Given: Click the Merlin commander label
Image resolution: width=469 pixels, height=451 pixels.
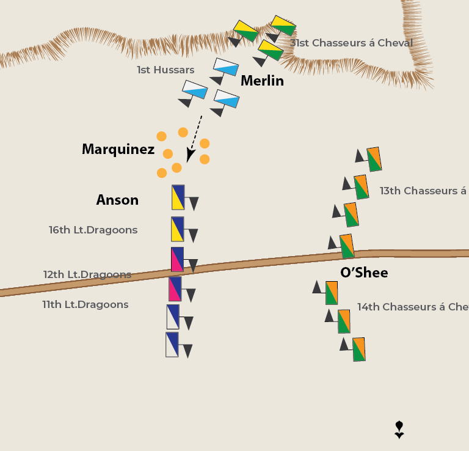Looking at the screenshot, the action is (x=262, y=81).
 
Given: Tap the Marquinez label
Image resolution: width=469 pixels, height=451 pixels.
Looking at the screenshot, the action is (x=118, y=149).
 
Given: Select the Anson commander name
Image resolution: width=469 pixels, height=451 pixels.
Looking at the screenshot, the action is (x=117, y=200).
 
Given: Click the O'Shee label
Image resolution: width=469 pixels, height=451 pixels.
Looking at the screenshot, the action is (x=364, y=273).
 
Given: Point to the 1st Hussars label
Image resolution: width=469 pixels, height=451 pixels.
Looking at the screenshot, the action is (x=165, y=70).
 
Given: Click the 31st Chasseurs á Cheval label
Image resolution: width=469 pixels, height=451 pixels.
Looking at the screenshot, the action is (x=352, y=43).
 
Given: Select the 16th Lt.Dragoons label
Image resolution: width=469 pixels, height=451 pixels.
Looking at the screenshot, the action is (x=93, y=230).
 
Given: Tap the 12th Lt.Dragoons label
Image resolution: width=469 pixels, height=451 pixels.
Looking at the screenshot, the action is (x=87, y=274).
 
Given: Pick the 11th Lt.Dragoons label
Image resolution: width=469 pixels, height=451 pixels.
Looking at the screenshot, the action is (x=85, y=304).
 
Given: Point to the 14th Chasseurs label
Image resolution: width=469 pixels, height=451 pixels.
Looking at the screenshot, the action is (x=412, y=307).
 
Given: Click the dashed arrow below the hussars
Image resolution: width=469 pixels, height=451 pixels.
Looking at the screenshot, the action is (x=195, y=139).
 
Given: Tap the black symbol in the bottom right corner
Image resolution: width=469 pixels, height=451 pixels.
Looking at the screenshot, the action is (x=399, y=429).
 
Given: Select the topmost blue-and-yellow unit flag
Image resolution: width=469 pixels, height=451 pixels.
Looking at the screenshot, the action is (x=178, y=197).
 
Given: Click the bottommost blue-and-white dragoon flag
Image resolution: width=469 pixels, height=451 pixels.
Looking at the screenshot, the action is (x=172, y=344).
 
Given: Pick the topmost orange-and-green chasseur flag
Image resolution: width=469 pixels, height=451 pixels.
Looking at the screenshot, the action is (x=374, y=159).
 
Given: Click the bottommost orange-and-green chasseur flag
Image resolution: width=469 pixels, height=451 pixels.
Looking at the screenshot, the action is (x=358, y=349).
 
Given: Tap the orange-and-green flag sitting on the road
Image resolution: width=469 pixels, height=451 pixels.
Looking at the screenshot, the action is (x=346, y=246).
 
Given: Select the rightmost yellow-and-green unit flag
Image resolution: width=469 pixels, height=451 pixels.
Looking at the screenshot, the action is (x=283, y=26).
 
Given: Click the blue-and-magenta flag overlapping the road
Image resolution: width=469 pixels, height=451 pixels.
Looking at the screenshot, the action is (x=177, y=259).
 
